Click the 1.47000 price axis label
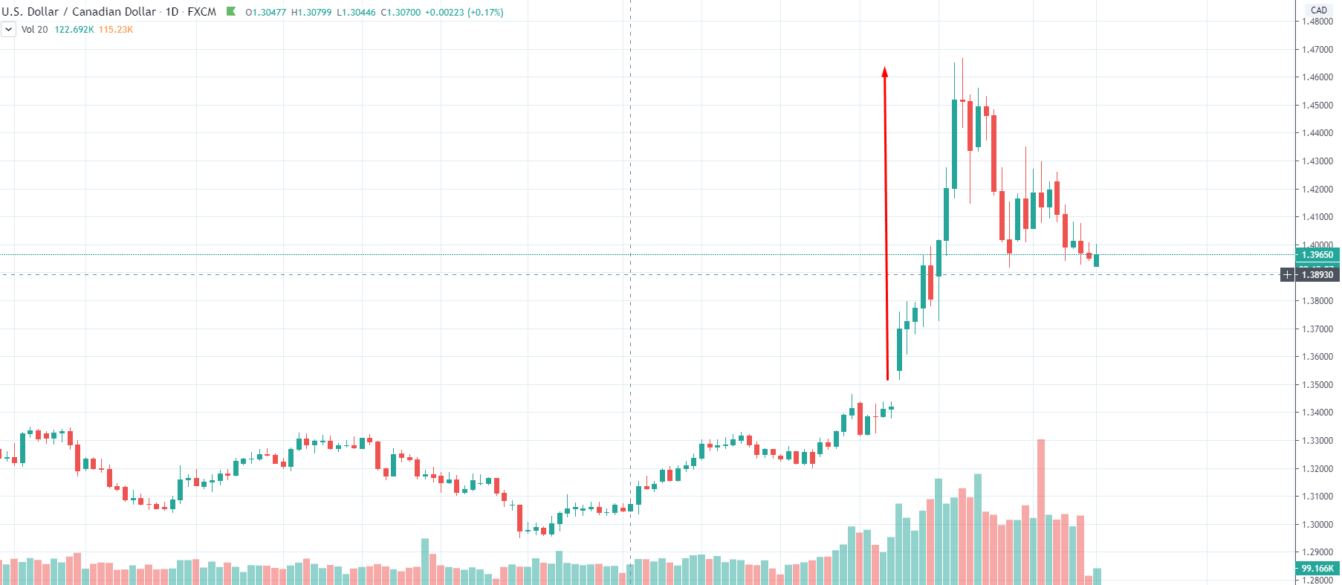pyautogui.click(x=1317, y=50)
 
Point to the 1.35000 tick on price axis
pyautogui.click(x=1317, y=385)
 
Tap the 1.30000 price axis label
pyautogui.click(x=1317, y=525)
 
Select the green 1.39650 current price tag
pyautogui.click(x=1317, y=255)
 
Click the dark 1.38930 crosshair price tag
pyautogui.click(x=1317, y=275)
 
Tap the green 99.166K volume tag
pyautogui.click(x=1317, y=569)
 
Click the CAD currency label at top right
pyautogui.click(x=1319, y=10)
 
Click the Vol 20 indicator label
pyautogui.click(x=34, y=30)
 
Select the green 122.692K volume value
pyautogui.click(x=74, y=30)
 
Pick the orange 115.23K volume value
pyautogui.click(x=115, y=30)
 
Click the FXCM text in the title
pyautogui.click(x=201, y=12)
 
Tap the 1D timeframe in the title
pyautogui.click(x=172, y=12)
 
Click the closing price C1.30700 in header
pyautogui.click(x=401, y=13)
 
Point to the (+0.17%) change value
pyautogui.click(x=485, y=13)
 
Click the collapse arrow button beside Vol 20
pyautogui.click(x=8, y=30)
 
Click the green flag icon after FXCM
pyautogui.click(x=231, y=11)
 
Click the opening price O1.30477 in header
pyautogui.click(x=265, y=13)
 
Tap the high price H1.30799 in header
pyautogui.click(x=311, y=13)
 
